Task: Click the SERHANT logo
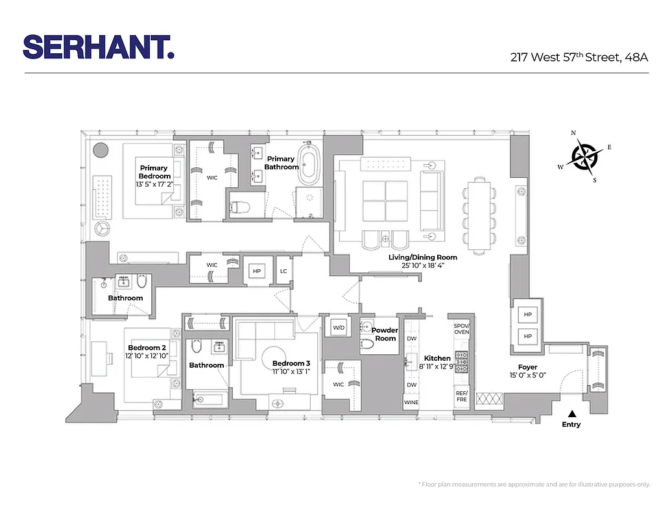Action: pos(99,47)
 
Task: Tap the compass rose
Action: pos(584,156)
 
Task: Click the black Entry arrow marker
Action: pos(571,413)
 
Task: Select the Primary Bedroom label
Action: pos(154,172)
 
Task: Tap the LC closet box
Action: pos(283,272)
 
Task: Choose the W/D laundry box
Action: pos(339,328)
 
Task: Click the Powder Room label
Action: pos(385,334)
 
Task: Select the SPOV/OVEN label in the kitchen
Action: pos(461,328)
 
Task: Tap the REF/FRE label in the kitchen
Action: pos(461,396)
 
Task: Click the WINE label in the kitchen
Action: pos(411,402)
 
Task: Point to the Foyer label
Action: pos(527,367)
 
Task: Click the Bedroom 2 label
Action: pos(147,348)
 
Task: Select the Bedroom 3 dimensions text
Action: pos(287,372)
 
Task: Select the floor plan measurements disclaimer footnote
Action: pos(534,484)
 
